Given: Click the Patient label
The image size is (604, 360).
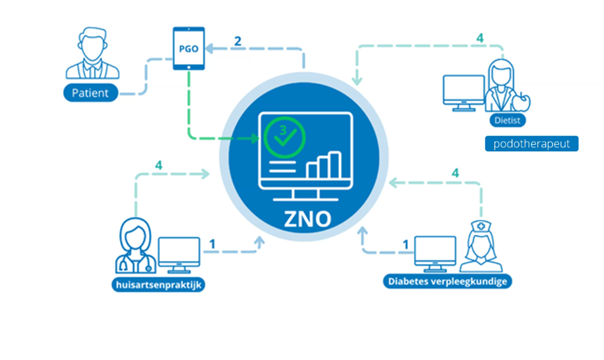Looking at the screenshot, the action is pyautogui.click(x=91, y=93).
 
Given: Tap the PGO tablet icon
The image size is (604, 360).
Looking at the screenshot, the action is pyautogui.click(x=189, y=48).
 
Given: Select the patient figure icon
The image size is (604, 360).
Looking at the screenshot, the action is pyautogui.click(x=92, y=53).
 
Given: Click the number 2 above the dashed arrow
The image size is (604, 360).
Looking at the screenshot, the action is pyautogui.click(x=238, y=41).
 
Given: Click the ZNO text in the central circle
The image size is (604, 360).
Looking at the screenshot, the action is pyautogui.click(x=307, y=219).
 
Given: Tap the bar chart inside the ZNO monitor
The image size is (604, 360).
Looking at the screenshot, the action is pyautogui.click(x=324, y=165).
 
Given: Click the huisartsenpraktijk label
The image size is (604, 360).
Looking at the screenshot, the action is pyautogui.click(x=158, y=285).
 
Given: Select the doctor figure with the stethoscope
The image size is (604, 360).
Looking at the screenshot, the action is pyautogui.click(x=136, y=246).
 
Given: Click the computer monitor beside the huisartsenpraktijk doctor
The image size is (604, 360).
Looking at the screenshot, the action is pyautogui.click(x=179, y=255).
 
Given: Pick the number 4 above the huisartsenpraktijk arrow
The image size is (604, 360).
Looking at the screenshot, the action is pyautogui.click(x=158, y=165).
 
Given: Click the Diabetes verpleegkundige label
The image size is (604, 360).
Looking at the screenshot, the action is pyautogui.click(x=447, y=281).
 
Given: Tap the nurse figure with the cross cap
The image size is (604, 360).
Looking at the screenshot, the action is pyautogui.click(x=481, y=246).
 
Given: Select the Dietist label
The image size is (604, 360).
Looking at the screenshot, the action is pyautogui.click(x=507, y=120).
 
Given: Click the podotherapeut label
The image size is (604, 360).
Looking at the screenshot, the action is pyautogui.click(x=532, y=144).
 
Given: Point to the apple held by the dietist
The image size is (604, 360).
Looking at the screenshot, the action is pyautogui.click(x=522, y=102).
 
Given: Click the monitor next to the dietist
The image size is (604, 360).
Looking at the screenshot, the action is pyautogui.click(x=464, y=93).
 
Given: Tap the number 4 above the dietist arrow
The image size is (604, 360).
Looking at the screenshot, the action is pyautogui.click(x=480, y=38).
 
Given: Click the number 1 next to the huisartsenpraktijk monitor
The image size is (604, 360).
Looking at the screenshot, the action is pyautogui.click(x=212, y=244).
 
